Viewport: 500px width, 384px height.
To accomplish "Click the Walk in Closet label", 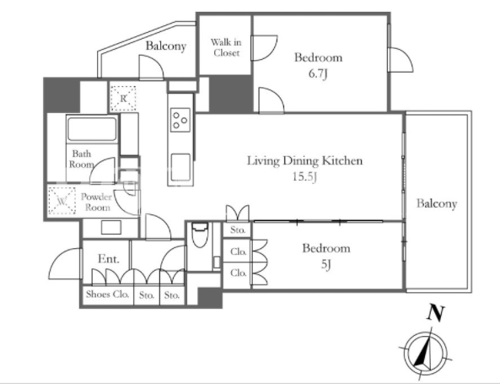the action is pyautogui.click(x=226, y=47).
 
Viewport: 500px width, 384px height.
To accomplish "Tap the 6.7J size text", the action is pyautogui.click(x=318, y=74).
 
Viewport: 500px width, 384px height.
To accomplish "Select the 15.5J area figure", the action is pyautogui.click(x=304, y=177).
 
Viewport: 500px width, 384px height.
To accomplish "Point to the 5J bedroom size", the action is pyautogui.click(x=325, y=264).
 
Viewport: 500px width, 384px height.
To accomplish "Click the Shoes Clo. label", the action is pyautogui.click(x=107, y=294).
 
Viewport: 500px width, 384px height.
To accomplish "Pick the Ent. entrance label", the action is pyautogui.click(x=109, y=258).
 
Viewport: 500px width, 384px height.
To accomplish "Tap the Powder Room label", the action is pyautogui.click(x=96, y=202).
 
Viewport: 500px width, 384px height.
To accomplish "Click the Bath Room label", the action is pyautogui.click(x=82, y=159).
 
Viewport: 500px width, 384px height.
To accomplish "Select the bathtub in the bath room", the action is pyautogui.click(x=92, y=128).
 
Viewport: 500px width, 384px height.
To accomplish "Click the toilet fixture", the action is pyautogui.click(x=200, y=235).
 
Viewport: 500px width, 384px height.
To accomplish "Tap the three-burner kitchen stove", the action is pyautogui.click(x=180, y=120).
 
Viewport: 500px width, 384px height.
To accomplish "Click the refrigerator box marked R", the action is pyautogui.click(x=123, y=98).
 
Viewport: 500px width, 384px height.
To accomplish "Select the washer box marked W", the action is pyautogui.click(x=62, y=201).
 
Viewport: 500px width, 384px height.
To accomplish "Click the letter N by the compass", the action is pyautogui.click(x=436, y=312).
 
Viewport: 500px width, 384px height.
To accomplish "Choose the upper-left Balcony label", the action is pyautogui.click(x=166, y=46).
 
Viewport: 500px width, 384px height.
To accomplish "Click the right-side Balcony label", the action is pyautogui.click(x=437, y=203).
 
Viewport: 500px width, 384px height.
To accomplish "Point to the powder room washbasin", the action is pyautogui.click(x=111, y=228).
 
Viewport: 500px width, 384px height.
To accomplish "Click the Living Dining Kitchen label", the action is pyautogui.click(x=305, y=160).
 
